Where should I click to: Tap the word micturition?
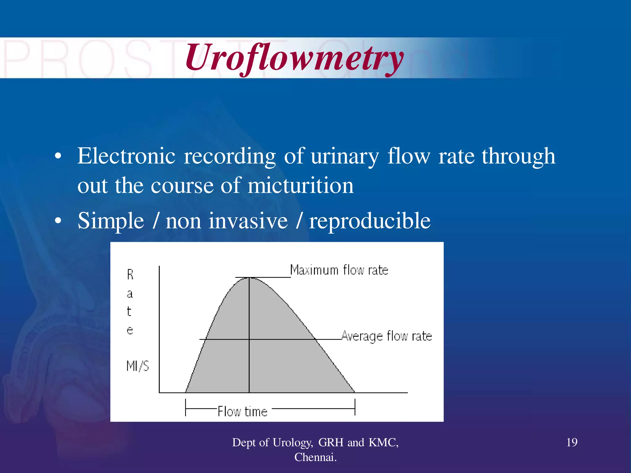301,186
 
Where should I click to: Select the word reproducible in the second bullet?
370,221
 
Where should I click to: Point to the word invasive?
248,221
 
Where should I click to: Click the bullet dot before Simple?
58,221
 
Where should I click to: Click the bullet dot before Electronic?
58,157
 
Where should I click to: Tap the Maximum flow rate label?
339,270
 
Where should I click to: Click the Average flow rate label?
387,336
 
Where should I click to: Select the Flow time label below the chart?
242,411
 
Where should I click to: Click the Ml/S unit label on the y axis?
137,366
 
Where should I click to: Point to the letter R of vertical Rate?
130,274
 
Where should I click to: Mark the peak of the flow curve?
249,278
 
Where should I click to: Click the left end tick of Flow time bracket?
185,408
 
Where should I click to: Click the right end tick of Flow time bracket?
355,407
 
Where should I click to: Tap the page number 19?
572,443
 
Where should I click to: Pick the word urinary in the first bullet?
345,156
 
